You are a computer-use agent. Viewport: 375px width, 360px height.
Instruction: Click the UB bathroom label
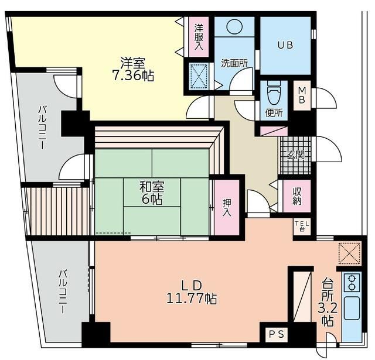point(285,45)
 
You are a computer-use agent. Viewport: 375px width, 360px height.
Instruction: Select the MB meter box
point(302,95)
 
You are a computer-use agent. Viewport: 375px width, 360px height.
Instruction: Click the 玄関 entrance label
point(296,155)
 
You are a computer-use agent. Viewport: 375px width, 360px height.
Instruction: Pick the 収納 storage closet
point(297,196)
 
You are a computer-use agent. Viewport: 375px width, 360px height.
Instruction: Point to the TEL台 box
point(302,227)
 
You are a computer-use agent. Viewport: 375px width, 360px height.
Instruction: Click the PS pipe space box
point(277,334)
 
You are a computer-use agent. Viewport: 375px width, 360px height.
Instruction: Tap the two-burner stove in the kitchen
point(352,283)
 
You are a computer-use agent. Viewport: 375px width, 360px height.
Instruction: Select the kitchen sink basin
point(352,308)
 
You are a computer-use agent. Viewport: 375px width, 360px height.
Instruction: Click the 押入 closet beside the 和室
point(227,207)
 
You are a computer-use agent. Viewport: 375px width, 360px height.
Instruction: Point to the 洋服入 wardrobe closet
point(199,37)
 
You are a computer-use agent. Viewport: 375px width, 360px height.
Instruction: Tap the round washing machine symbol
point(234,26)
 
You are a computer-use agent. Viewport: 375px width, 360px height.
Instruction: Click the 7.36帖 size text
point(133,76)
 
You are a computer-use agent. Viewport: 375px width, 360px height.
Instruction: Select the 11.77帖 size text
point(192,299)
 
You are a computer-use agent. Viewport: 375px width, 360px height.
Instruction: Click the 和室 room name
point(152,187)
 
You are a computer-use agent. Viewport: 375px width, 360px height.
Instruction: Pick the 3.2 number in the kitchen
point(328,309)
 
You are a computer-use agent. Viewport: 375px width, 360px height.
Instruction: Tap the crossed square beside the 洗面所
point(199,76)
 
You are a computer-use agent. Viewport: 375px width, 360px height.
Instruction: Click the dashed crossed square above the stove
point(349,253)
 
